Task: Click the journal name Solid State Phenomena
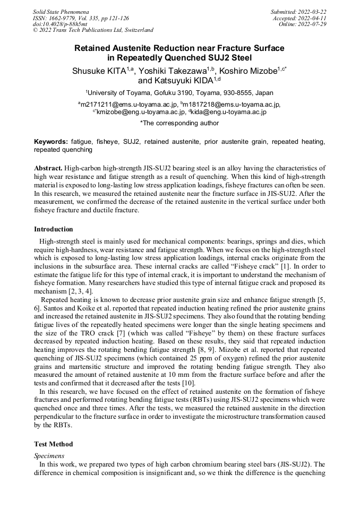(61, 11)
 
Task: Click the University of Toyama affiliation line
(179, 92)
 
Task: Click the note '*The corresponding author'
(179, 123)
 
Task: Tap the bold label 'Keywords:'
(51, 142)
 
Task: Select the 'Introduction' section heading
(54, 229)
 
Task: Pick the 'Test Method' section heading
(54, 444)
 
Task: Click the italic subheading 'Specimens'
(48, 455)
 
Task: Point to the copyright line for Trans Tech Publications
(93, 30)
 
